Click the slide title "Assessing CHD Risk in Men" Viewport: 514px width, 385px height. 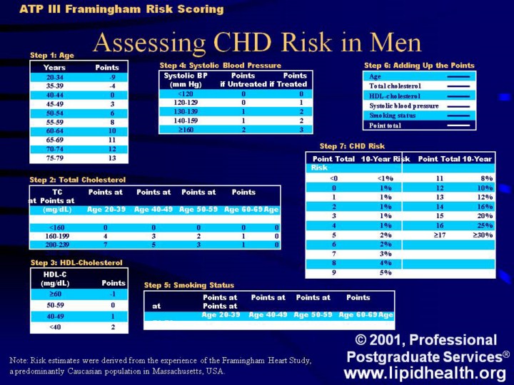[257, 43]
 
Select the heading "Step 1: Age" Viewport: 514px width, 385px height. [52, 55]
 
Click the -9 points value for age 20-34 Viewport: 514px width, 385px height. [112, 76]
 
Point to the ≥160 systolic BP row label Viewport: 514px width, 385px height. [185, 130]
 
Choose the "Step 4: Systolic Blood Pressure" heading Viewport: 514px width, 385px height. [220, 65]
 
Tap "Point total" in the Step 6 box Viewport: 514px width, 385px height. [385, 125]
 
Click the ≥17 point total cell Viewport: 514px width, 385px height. [435, 234]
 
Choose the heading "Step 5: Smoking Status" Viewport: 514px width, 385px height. [189, 285]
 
